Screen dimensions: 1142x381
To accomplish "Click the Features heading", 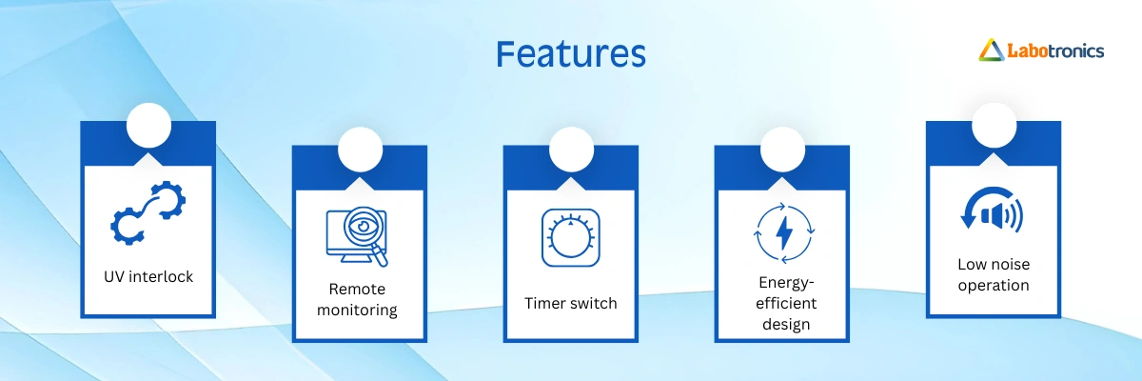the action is coord(570,53).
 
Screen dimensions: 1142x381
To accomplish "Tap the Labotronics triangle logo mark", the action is coord(991,50).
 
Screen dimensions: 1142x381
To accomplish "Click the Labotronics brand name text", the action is coord(1055,51).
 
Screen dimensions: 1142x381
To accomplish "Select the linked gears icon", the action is coord(148,212).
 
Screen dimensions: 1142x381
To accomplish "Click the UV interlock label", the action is coord(148,276).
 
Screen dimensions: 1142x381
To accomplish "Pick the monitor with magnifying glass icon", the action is coord(357,236).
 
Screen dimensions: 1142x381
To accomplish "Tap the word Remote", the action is coord(357,289).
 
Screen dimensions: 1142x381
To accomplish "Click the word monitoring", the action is coord(357,311).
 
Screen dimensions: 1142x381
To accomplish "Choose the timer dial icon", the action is coord(570,238).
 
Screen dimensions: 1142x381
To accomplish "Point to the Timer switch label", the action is coord(570,303).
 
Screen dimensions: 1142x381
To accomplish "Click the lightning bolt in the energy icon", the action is coord(784,233).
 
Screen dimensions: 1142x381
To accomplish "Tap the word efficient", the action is coord(786,303).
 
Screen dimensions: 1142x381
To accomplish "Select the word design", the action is coord(786,325).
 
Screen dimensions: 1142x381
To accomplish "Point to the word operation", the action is coord(994,285).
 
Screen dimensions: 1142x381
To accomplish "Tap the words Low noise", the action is coord(994,264).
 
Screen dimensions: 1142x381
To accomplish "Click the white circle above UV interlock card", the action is coord(148,126).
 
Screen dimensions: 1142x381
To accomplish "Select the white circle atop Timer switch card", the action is coord(571,150).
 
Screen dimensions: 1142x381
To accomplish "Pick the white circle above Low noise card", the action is coord(994,126).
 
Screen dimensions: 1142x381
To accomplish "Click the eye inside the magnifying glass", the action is coord(363,226).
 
